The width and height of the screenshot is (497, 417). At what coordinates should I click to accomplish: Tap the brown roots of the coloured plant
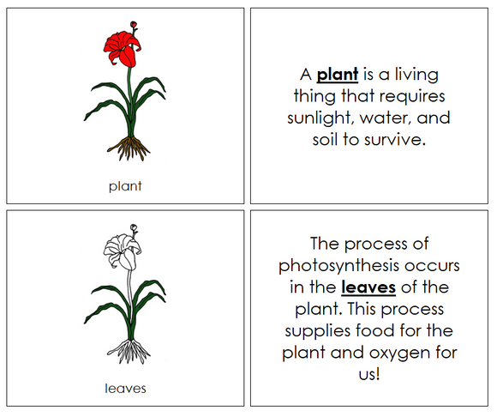tap(130, 148)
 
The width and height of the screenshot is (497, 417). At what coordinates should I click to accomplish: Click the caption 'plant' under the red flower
tap(125, 184)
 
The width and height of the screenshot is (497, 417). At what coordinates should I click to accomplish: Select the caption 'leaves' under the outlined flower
tap(125, 388)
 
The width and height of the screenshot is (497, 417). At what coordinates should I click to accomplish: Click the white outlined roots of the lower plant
tap(130, 350)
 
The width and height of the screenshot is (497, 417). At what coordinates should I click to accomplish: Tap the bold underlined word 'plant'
tap(337, 74)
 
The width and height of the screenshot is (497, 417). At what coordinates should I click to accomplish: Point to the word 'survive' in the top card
tap(395, 140)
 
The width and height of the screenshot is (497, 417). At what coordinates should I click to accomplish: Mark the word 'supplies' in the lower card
tap(320, 330)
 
